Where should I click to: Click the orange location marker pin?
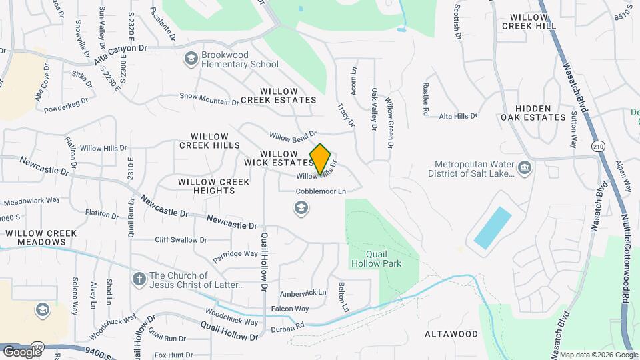point(321,159)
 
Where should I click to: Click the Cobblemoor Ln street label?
point(322,191)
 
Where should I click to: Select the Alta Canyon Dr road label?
point(120,54)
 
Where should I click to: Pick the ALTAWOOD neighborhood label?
point(452,333)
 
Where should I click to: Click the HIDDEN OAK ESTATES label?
point(541,113)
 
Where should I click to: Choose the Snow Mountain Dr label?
point(209,99)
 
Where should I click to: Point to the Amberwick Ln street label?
point(303,292)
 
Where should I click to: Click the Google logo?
point(21,351)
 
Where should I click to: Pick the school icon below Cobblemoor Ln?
point(301,209)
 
